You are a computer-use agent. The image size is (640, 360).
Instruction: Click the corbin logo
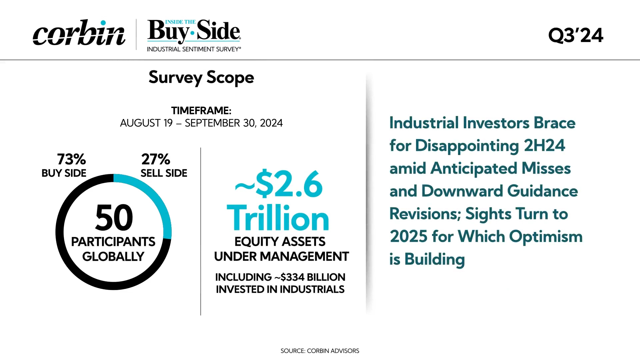[79, 33]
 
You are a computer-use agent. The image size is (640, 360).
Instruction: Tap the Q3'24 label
[576, 35]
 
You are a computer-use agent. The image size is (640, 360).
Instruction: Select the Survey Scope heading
[201, 78]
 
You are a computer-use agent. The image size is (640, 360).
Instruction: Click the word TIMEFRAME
[201, 110]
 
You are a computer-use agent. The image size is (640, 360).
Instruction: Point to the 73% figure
[71, 159]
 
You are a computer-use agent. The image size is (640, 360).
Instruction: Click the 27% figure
[156, 159]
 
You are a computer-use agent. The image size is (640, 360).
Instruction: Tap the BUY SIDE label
[64, 173]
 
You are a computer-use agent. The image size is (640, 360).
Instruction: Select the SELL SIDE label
[164, 173]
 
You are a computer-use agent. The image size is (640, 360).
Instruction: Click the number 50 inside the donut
[114, 218]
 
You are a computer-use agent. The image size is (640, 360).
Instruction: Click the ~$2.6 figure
[279, 184]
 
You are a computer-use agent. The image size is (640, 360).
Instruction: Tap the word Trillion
[278, 218]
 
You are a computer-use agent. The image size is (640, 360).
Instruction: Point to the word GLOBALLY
[113, 257]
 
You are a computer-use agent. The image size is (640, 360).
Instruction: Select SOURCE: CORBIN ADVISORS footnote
[320, 351]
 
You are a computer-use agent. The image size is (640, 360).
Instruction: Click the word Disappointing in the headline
[467, 146]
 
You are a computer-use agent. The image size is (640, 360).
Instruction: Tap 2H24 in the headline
[544, 146]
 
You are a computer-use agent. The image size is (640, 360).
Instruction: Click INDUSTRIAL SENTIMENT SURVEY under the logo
[194, 49]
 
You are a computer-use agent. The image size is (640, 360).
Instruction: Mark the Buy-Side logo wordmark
[194, 31]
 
